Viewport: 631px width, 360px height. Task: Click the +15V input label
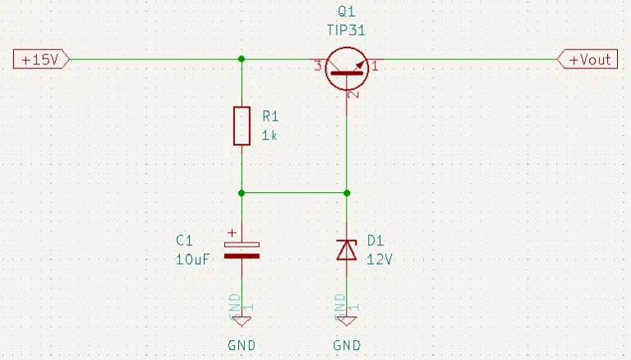point(41,60)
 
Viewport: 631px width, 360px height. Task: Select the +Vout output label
point(587,60)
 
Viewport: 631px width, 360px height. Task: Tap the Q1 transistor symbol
point(347,68)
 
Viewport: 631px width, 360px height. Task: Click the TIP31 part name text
point(346,30)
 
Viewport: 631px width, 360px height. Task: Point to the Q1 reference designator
point(347,12)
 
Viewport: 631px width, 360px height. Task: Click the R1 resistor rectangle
point(242,126)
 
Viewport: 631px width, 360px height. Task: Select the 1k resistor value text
point(269,136)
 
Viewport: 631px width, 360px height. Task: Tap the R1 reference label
point(270,117)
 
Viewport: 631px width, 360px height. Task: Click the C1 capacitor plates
point(242,250)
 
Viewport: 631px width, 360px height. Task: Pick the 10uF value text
point(193,260)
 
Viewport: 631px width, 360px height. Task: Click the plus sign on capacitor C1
point(233,233)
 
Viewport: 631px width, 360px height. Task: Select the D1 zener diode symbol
point(347,250)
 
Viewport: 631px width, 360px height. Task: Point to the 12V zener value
point(380,260)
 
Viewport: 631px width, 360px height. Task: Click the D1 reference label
point(375,241)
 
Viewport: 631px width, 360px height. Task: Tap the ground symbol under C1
point(242,321)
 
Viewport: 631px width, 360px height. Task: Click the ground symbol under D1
point(347,321)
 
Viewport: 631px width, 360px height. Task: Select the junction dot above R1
point(242,59)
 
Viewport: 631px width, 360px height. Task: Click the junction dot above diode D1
point(347,193)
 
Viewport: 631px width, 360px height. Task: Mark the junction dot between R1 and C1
point(242,193)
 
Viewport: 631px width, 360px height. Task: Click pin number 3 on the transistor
point(317,66)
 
